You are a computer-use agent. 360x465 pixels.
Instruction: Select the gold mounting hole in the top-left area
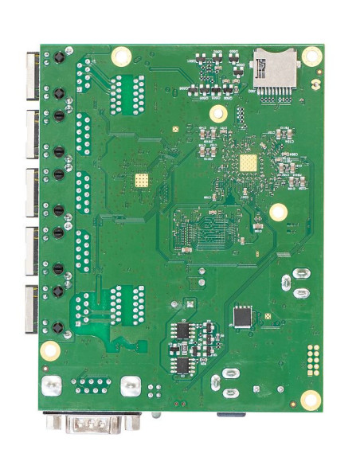(x=121, y=56)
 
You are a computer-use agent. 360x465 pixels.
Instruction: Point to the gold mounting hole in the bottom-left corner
(x=50, y=350)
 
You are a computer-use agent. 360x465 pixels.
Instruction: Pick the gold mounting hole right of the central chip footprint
(x=278, y=212)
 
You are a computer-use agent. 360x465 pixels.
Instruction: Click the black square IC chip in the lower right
(x=242, y=317)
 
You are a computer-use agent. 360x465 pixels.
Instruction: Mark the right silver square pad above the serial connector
(x=130, y=386)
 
